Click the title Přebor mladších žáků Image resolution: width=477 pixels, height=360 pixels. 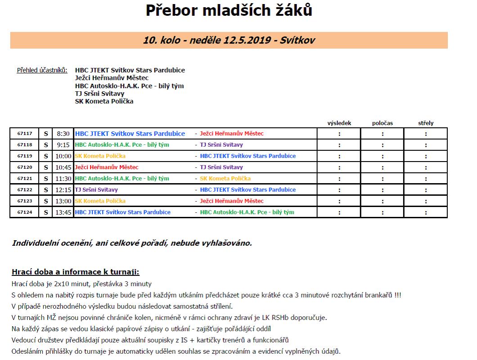pos(229,10)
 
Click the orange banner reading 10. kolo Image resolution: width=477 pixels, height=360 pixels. pos(229,40)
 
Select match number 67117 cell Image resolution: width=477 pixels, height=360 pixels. pos(25,134)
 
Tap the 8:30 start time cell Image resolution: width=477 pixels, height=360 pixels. pos(63,134)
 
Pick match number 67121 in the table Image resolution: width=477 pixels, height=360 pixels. pos(25,179)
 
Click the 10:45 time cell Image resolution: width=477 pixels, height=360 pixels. pos(63,167)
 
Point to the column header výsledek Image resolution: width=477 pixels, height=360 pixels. pos(339,123)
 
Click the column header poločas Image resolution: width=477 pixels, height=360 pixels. pos(382,123)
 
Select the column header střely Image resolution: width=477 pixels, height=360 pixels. pos(426,123)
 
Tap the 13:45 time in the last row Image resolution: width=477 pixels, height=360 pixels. pos(63,212)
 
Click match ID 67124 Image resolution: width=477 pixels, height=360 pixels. pos(25,212)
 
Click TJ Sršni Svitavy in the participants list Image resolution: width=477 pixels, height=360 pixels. pos(99,94)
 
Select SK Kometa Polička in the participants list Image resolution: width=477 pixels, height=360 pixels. pos(104,101)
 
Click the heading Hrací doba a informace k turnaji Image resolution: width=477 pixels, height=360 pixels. pos(76,272)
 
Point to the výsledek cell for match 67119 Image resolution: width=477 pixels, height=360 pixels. pos(339,156)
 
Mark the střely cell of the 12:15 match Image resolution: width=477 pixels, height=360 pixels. pos(426,190)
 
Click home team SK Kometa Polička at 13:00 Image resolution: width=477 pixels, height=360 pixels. pos(100,201)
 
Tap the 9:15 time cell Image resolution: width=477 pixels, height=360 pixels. pos(63,145)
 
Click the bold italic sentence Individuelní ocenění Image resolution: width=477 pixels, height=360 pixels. pos(132,243)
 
